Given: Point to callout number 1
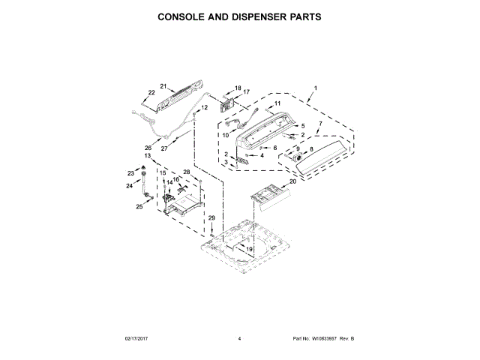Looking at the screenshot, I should point(316,88).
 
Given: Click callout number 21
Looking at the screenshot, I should point(163,87).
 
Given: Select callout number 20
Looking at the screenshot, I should point(293,181).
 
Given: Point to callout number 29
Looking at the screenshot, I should point(211,218).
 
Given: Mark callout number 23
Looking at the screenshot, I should point(130,173).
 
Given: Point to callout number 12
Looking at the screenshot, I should point(204,108).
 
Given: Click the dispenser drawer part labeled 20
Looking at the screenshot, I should point(268,193).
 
